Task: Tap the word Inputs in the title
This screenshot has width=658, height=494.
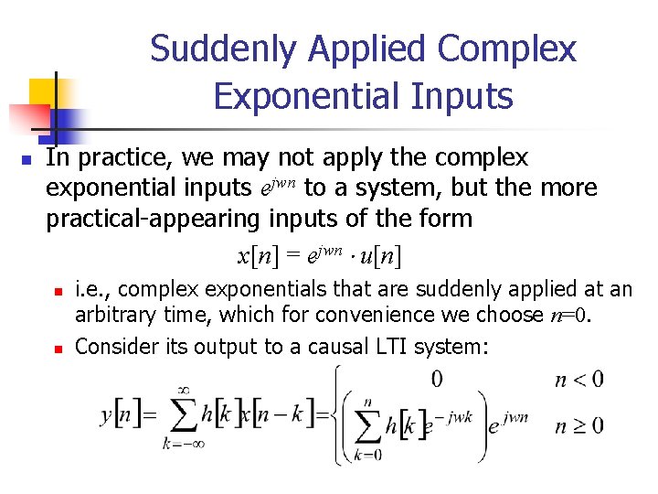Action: coord(470,94)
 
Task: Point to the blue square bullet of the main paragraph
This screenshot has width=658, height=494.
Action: coord(27,160)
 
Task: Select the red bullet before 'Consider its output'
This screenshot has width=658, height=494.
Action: coord(57,349)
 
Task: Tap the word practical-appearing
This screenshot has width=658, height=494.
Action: coord(154,219)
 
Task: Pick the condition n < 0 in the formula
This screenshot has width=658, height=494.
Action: coord(578,379)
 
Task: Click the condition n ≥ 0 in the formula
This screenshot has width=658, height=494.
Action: coord(578,424)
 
